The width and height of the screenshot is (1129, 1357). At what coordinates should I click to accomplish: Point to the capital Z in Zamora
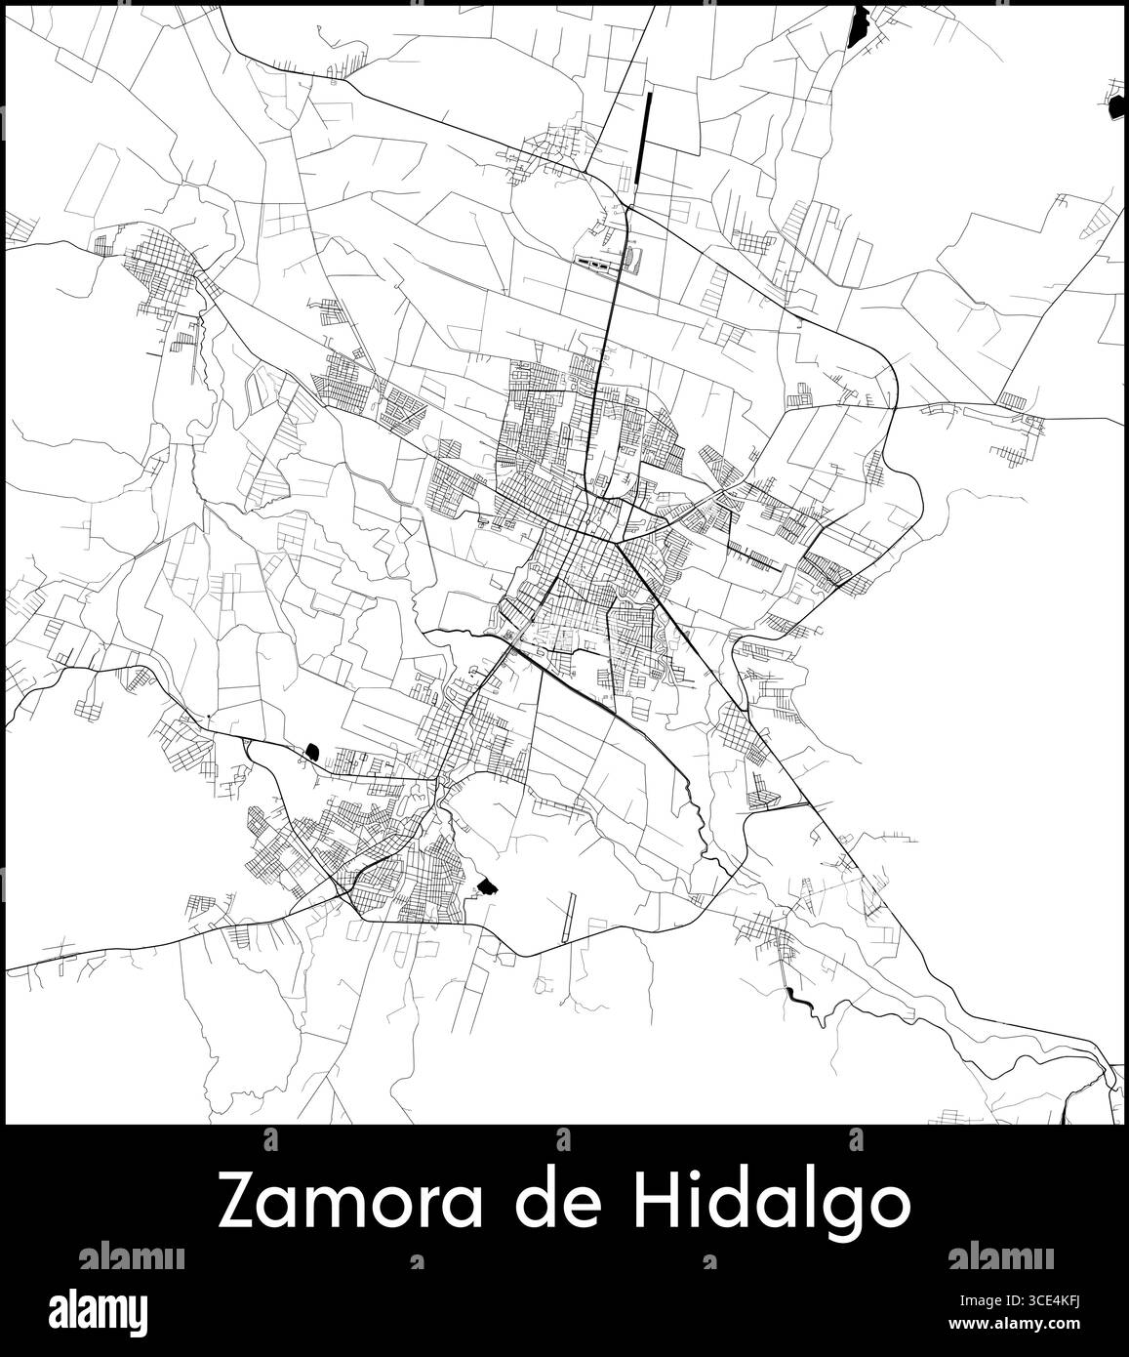tap(239, 1204)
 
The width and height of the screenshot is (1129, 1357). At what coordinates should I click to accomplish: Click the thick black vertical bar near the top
tap(644, 138)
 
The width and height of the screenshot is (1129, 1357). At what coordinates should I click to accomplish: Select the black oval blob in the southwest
tap(312, 750)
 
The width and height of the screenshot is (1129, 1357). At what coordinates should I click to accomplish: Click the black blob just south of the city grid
tap(486, 885)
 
